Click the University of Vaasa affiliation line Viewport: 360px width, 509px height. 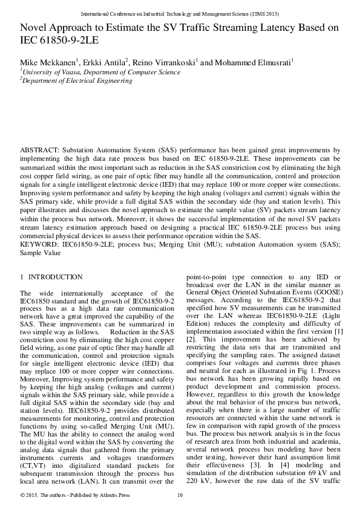point(101,72)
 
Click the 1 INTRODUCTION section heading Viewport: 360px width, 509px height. point(51,277)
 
